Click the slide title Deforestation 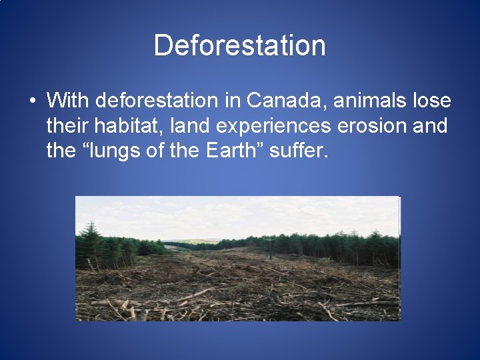239,45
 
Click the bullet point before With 32,101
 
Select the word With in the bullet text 69,101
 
